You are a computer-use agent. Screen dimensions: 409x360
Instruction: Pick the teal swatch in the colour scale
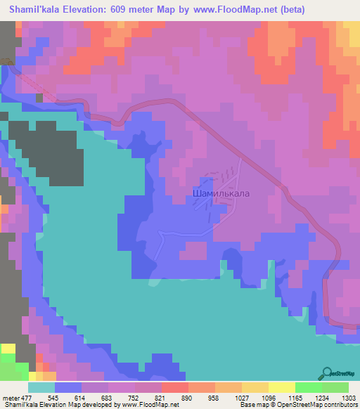(41, 387)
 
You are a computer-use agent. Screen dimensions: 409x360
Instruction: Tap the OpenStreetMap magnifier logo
(327, 372)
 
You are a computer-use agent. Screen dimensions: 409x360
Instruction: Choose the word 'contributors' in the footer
(339, 405)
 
